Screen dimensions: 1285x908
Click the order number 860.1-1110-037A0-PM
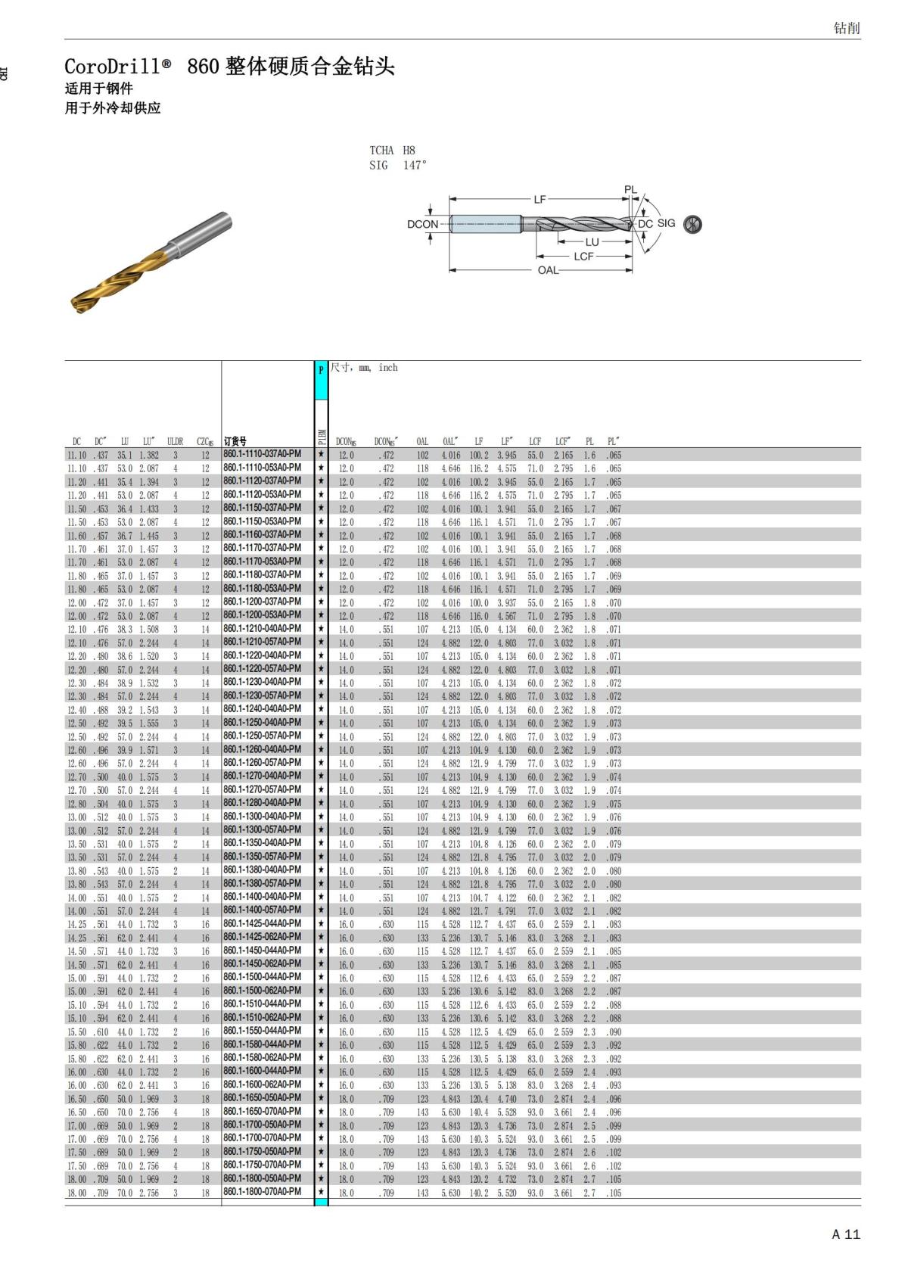tap(262, 454)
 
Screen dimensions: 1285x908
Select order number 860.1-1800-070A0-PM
tap(262, 1192)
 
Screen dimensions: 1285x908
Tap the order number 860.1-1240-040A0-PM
tap(262, 709)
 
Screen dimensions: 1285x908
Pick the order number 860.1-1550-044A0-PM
tap(262, 1031)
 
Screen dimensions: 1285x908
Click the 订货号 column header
tap(235, 441)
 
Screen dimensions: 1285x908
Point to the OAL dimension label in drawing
tap(548, 270)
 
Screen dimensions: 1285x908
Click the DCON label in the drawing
tap(422, 224)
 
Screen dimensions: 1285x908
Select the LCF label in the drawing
tap(583, 257)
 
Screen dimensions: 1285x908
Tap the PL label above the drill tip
tap(630, 190)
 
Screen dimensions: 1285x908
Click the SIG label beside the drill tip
tap(666, 223)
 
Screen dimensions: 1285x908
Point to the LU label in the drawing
tap(592, 242)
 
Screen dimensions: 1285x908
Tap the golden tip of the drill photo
tap(80, 303)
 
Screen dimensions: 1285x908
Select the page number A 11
tap(845, 1234)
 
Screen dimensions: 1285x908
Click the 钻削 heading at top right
tap(846, 28)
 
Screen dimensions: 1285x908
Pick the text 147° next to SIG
tap(415, 165)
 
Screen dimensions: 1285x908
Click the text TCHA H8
tap(392, 150)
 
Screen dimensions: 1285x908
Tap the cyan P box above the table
tap(321, 370)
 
